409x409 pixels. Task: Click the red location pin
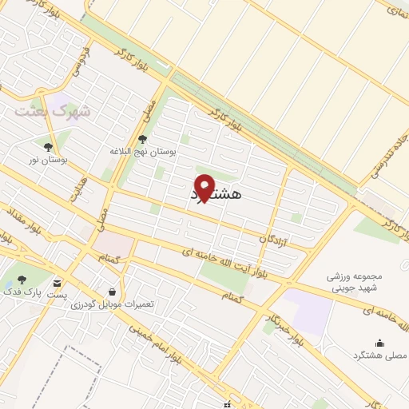(204, 187)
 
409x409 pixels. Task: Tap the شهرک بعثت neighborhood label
(51, 111)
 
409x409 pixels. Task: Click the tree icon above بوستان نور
(48, 147)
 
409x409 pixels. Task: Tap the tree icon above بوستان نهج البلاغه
(143, 139)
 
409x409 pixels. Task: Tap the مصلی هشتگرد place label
(379, 352)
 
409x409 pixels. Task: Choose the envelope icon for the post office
(58, 283)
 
